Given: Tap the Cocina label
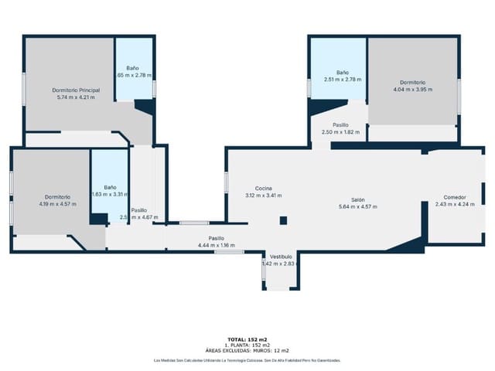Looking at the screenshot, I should tap(264, 189).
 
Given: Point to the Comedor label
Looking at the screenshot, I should tap(449, 196).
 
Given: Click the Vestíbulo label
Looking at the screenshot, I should tap(281, 257).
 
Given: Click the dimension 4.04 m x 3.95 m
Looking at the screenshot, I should tap(413, 90).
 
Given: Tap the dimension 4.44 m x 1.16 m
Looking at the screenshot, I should tap(217, 245).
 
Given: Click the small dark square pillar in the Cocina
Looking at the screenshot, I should tap(283, 220).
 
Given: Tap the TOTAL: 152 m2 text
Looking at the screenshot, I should tap(247, 339).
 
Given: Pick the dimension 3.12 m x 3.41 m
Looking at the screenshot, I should tap(264, 196).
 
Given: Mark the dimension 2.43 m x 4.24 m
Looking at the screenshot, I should tap(449, 204).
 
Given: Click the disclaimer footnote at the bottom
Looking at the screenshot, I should tap(247, 360).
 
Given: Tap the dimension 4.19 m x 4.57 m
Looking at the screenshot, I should tap(58, 204).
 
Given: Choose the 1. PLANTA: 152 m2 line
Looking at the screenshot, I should tap(247, 345).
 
